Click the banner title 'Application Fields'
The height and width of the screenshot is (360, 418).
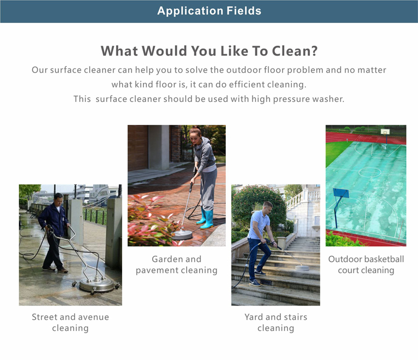click(x=209, y=11)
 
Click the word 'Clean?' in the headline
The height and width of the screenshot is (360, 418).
click(x=295, y=51)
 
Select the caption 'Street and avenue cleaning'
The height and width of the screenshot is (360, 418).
click(x=70, y=323)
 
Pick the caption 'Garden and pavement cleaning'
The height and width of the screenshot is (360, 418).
click(x=177, y=265)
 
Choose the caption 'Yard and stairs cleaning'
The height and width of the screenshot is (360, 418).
click(x=276, y=323)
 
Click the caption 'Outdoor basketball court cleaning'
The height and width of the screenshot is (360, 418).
click(x=366, y=265)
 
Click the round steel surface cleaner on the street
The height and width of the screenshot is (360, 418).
click(x=96, y=285)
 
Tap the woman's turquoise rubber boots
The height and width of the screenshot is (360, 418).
click(x=206, y=218)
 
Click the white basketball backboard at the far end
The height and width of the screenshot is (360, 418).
click(x=385, y=132)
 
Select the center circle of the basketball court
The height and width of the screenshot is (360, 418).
click(x=370, y=172)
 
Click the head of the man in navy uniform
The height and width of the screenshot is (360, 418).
click(x=59, y=199)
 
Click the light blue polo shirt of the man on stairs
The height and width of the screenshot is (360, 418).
click(x=257, y=224)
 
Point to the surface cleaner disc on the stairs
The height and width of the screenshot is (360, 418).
click(x=302, y=267)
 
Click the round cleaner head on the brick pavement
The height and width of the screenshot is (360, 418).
click(x=182, y=234)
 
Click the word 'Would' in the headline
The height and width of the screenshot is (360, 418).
click(x=164, y=51)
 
